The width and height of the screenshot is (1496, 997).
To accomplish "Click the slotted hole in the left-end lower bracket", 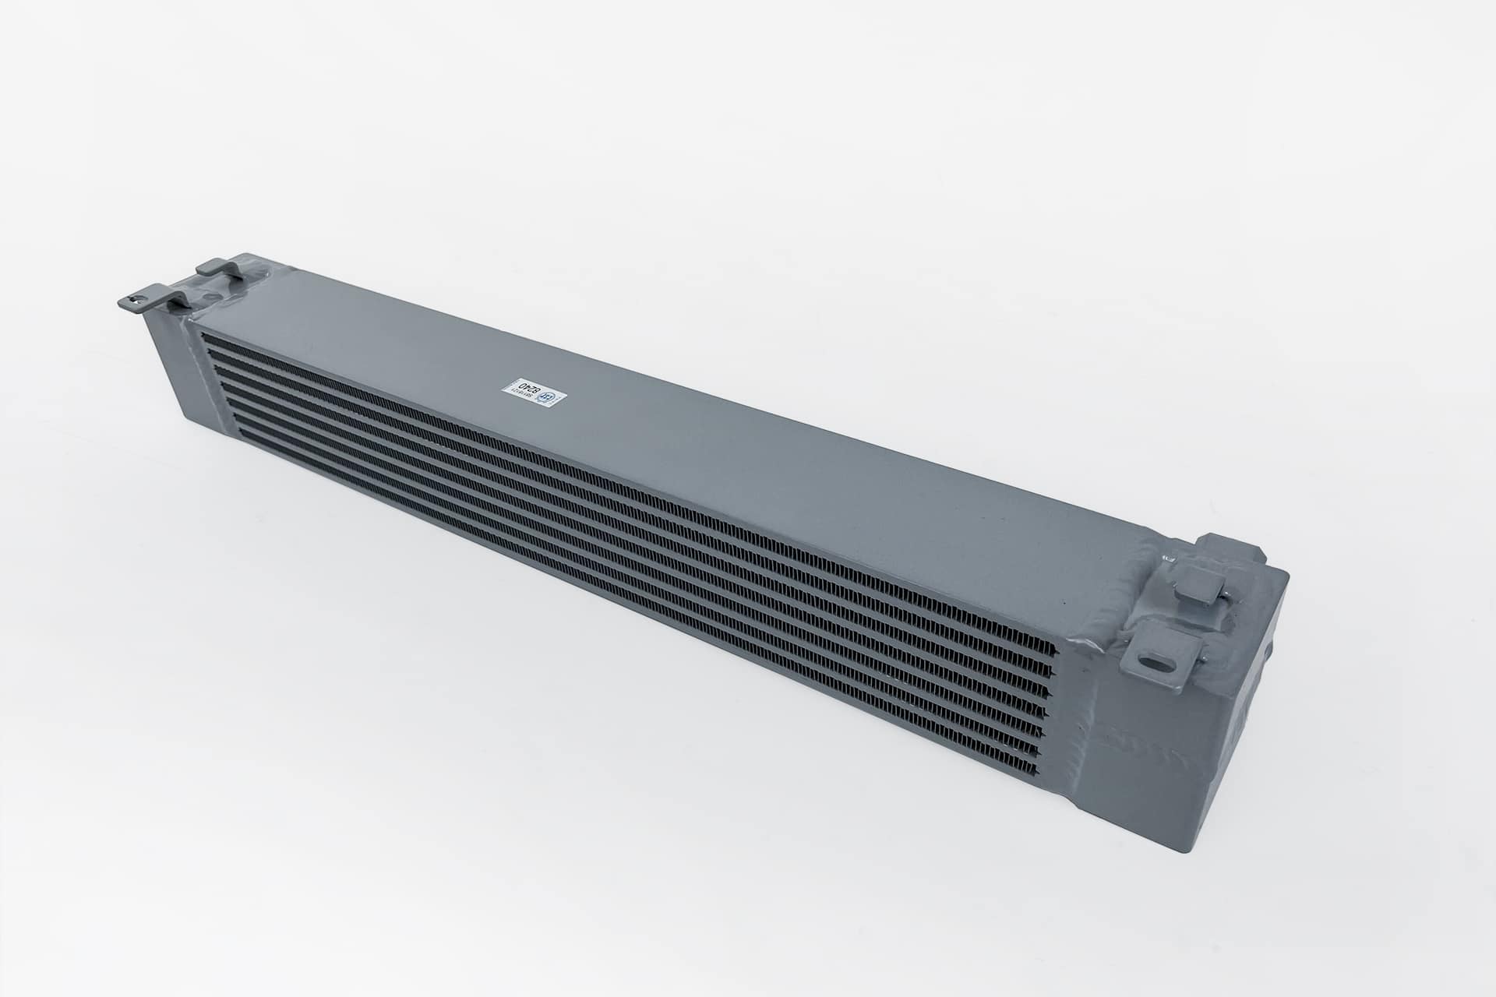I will coord(141,297).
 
